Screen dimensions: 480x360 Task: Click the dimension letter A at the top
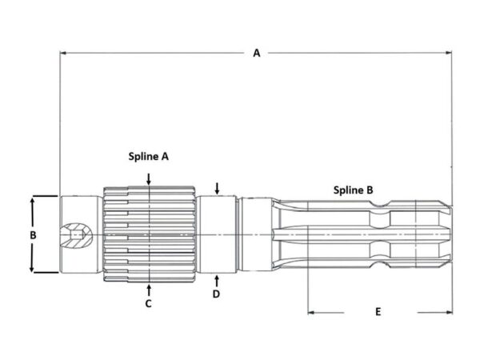coord(257,53)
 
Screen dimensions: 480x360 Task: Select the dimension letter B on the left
coord(33,235)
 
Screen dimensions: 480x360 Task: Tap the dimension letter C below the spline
coord(149,304)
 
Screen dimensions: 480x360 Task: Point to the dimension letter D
coord(216,294)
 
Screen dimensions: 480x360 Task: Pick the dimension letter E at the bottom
coord(378,312)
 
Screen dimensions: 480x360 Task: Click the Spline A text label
coord(149,157)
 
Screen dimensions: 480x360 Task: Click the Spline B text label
coord(354,190)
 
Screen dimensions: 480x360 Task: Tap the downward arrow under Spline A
coord(149,179)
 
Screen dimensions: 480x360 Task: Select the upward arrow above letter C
coord(149,290)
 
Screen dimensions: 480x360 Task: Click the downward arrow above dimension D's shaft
coord(217,189)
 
